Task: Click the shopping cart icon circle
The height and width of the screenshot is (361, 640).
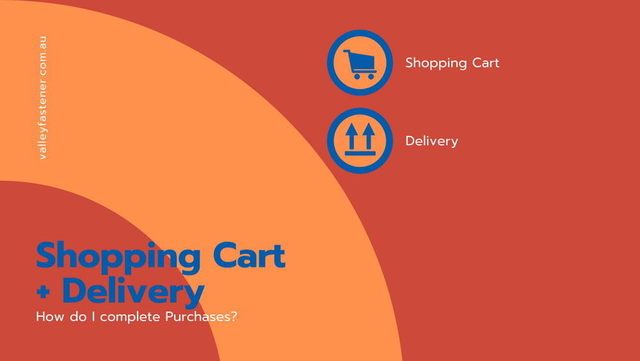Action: tap(360, 63)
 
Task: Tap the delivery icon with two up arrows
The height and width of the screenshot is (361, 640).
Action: tap(360, 140)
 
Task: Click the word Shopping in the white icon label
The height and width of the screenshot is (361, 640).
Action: tap(435, 63)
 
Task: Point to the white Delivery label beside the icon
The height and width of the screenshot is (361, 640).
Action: tap(432, 142)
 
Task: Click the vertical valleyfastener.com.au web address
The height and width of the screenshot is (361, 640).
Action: tap(42, 97)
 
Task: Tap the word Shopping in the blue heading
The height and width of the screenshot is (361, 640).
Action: tap(118, 256)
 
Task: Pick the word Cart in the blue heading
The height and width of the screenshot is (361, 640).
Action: tap(249, 256)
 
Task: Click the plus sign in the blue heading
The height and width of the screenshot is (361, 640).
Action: tap(43, 292)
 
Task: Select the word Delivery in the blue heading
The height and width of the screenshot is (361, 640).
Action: tap(134, 292)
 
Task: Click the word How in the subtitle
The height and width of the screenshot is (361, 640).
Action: tap(51, 317)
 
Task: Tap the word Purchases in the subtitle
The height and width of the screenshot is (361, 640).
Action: tap(198, 317)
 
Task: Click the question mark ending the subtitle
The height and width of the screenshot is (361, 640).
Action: tap(234, 317)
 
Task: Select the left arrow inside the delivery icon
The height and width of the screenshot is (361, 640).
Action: tap(351, 136)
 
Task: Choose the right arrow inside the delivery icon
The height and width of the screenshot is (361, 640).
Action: tap(369, 136)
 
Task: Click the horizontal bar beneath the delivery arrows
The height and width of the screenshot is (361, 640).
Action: tap(360, 153)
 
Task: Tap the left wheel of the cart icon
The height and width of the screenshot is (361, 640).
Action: tap(357, 76)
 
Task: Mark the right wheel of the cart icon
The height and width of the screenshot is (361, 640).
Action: tap(371, 76)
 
